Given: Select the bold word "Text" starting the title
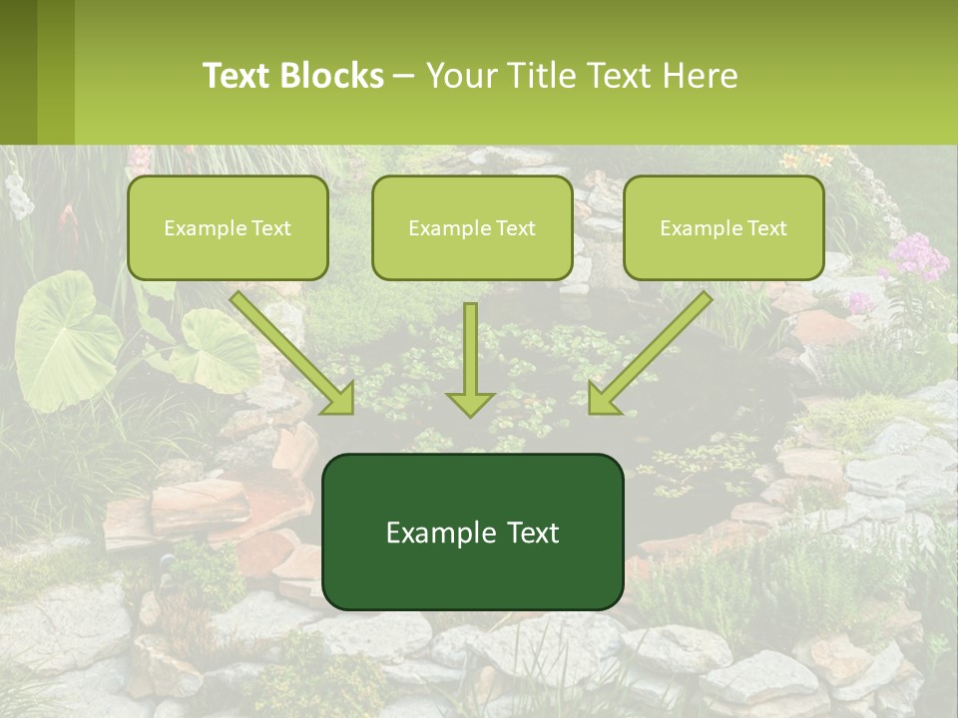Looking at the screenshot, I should point(238,76).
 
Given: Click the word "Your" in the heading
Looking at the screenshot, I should point(459,76).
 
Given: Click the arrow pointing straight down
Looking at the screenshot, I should point(470,359).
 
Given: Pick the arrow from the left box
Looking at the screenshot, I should point(292,352).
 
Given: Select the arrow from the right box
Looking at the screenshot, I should point(651,352).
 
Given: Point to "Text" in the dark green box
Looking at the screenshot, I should point(532,533).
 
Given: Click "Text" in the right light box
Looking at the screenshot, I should point(766,228).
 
